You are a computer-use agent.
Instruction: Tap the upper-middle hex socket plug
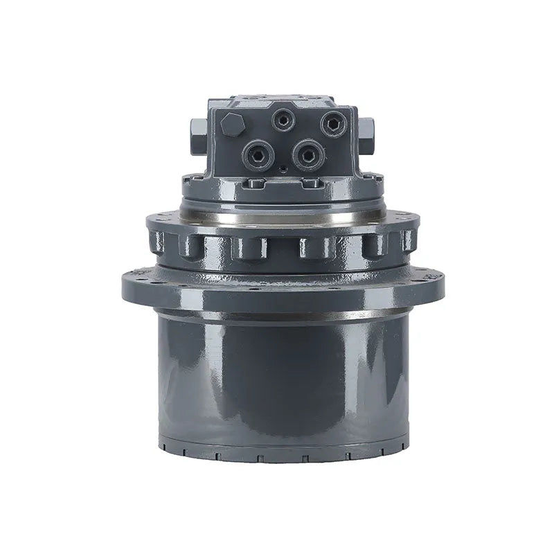click(283, 120)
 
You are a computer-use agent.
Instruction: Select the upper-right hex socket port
click(333, 124)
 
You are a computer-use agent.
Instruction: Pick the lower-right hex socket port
click(308, 153)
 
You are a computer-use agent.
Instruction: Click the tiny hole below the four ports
click(284, 169)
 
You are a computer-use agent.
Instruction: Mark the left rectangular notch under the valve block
click(256, 184)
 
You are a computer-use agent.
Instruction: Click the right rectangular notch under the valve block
click(312, 184)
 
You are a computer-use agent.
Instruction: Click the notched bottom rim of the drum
click(284, 454)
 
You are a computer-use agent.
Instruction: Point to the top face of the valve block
click(283, 102)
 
